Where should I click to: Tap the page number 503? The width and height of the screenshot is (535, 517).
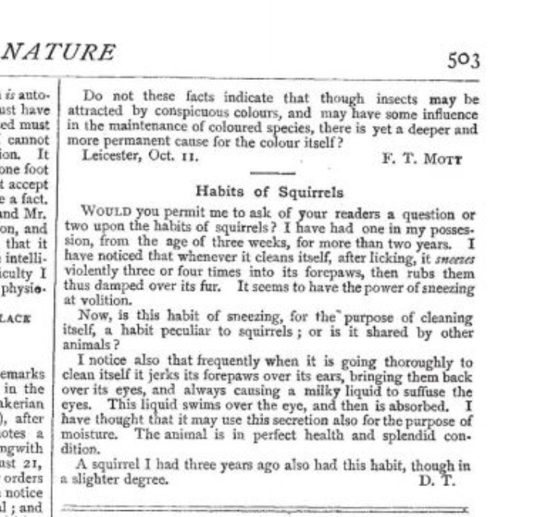point(463,59)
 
